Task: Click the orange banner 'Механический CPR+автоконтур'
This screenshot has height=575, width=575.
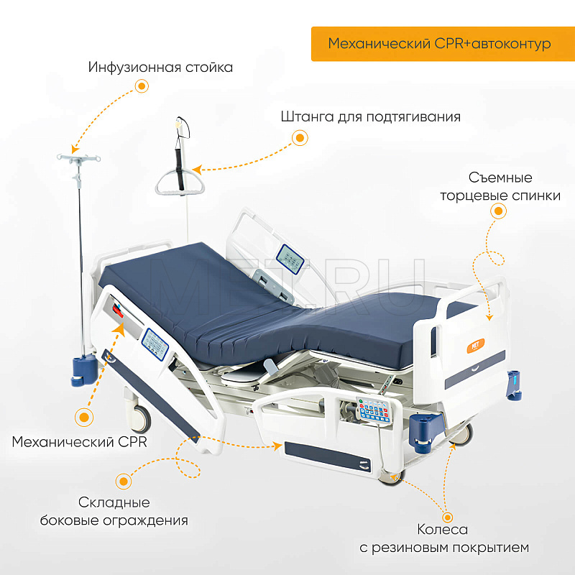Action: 443,44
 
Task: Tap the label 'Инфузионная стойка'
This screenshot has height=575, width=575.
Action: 160,68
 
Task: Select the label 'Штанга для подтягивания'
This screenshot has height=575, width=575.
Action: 371,117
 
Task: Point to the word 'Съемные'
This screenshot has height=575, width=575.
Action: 500,178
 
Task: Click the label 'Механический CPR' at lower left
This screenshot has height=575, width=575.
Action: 80,442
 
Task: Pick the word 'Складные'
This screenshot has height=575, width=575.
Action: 114,502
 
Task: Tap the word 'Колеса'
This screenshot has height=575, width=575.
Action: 443,530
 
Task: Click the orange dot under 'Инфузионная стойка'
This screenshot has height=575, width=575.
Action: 142,86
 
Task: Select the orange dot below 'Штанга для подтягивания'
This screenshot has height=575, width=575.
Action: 300,138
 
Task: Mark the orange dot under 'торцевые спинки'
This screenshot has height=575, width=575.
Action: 498,211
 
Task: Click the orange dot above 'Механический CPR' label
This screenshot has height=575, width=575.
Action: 84,418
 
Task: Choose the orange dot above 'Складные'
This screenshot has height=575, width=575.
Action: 124,481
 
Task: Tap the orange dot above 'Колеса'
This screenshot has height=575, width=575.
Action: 447,517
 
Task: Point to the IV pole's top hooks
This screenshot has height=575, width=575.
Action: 78,158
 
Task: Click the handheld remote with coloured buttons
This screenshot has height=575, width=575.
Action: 374,409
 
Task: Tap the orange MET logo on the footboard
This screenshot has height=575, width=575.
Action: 476,346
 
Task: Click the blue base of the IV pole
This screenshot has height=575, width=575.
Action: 84,371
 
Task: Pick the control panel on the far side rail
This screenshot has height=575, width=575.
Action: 290,259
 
